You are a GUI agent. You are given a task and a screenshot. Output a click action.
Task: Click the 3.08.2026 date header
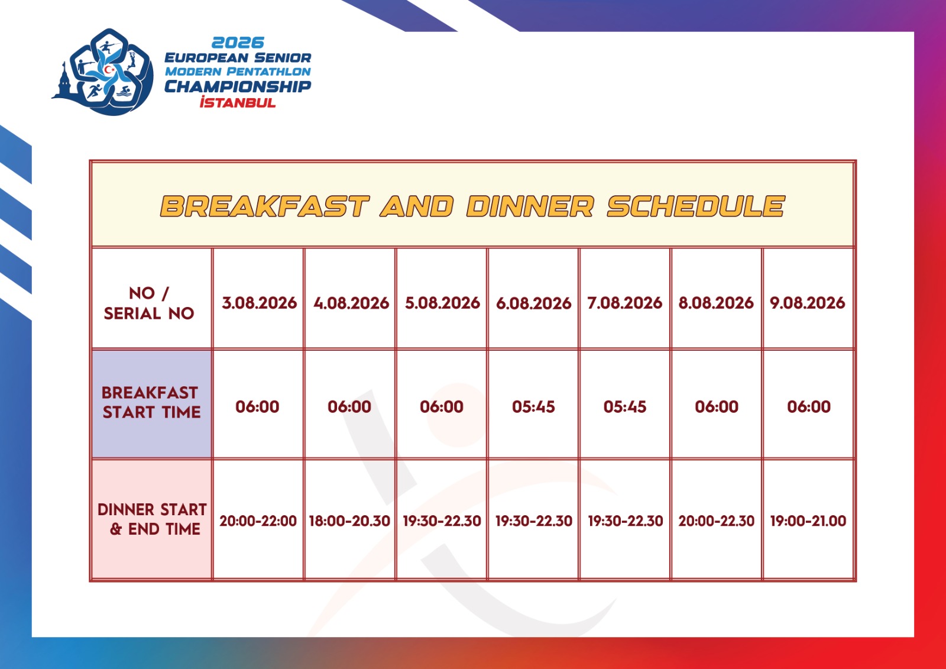[x=260, y=303]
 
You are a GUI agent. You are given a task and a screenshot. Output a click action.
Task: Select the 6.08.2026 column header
[x=533, y=303]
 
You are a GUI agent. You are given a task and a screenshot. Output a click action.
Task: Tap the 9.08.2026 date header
[x=808, y=303]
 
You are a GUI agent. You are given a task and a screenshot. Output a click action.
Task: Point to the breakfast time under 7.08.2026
[x=624, y=406]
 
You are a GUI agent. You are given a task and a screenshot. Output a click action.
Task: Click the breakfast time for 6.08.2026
[x=533, y=406]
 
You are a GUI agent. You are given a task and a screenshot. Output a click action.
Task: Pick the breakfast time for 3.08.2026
[x=257, y=406]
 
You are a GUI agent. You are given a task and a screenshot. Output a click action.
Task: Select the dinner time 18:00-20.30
[x=349, y=521]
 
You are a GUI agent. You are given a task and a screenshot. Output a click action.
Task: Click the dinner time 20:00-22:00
[x=258, y=521]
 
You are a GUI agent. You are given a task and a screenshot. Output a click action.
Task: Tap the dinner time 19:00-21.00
[x=808, y=521]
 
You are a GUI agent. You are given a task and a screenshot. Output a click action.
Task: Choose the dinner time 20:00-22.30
[x=716, y=521]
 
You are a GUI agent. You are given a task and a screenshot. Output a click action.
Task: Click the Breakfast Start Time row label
[x=151, y=403]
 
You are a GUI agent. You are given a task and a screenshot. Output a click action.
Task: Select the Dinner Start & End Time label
[x=152, y=519]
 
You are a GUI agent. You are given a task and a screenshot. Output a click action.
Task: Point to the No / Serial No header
[x=149, y=303]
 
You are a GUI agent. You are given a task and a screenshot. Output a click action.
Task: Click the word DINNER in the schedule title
[x=530, y=206]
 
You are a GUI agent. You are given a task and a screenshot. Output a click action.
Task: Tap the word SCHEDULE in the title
[x=696, y=206]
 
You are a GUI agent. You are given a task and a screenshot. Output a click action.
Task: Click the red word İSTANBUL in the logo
[x=238, y=102]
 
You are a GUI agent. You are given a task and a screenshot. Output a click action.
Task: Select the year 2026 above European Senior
[x=238, y=43]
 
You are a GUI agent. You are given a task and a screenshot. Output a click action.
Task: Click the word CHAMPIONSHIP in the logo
[x=238, y=86]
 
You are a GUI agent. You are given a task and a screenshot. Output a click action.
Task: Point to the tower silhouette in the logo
[x=64, y=82]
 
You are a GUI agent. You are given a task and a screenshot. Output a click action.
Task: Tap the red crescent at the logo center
[x=109, y=70]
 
